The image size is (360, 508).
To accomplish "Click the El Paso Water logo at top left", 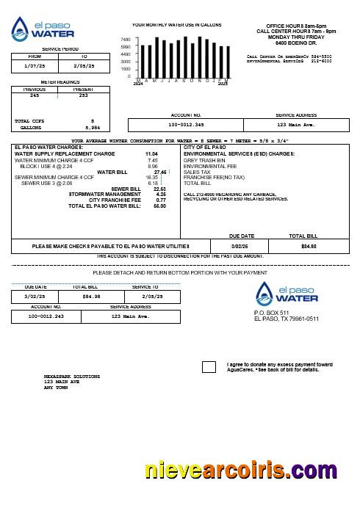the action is point(43,29).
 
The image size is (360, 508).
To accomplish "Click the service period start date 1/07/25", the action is point(35,65).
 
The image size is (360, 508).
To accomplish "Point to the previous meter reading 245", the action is point(35,95).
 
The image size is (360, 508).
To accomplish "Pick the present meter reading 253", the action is point(83,95).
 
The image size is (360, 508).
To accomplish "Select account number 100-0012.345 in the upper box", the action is point(186,126).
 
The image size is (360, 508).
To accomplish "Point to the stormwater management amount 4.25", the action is point(161,194).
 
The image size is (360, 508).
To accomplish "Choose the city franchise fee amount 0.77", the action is point(161,200).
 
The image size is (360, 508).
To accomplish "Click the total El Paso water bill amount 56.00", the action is point(159,206).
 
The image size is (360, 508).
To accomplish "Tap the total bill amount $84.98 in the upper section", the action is point(309,246).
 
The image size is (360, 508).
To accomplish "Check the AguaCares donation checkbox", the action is point(209,366).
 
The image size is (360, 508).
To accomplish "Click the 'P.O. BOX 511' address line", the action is point(271,313).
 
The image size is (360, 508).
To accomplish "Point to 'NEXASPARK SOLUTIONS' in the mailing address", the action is point(71,377).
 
